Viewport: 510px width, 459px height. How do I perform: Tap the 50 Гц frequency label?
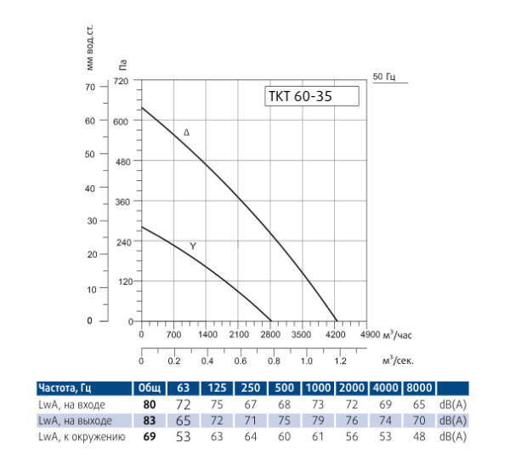385,77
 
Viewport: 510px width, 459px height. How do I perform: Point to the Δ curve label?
187,133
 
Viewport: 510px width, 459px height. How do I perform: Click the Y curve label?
193,246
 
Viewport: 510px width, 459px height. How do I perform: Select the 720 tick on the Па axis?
120,82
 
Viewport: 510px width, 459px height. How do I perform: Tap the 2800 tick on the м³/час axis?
270,334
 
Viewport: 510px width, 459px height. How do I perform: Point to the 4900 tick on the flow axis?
370,334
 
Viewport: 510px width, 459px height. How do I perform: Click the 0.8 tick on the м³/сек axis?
270,360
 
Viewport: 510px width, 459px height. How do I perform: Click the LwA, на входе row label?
70,405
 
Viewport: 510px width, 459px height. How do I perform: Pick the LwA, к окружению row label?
80,437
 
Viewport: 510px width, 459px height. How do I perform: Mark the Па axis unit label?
123,63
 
